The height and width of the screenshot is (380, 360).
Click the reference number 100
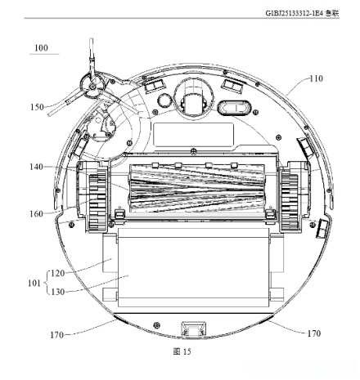click(x=41, y=48)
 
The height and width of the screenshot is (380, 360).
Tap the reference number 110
click(x=316, y=78)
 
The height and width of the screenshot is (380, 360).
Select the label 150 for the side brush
click(x=37, y=107)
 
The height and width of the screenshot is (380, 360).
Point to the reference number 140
click(x=36, y=167)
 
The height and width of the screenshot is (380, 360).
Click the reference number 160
click(x=36, y=214)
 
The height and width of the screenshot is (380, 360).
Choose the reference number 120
click(x=58, y=273)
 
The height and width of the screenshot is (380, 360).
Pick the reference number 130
click(x=58, y=292)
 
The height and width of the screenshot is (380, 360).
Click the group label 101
click(x=34, y=283)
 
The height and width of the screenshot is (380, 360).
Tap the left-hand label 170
click(x=56, y=335)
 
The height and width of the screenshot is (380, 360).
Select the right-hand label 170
click(x=314, y=333)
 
